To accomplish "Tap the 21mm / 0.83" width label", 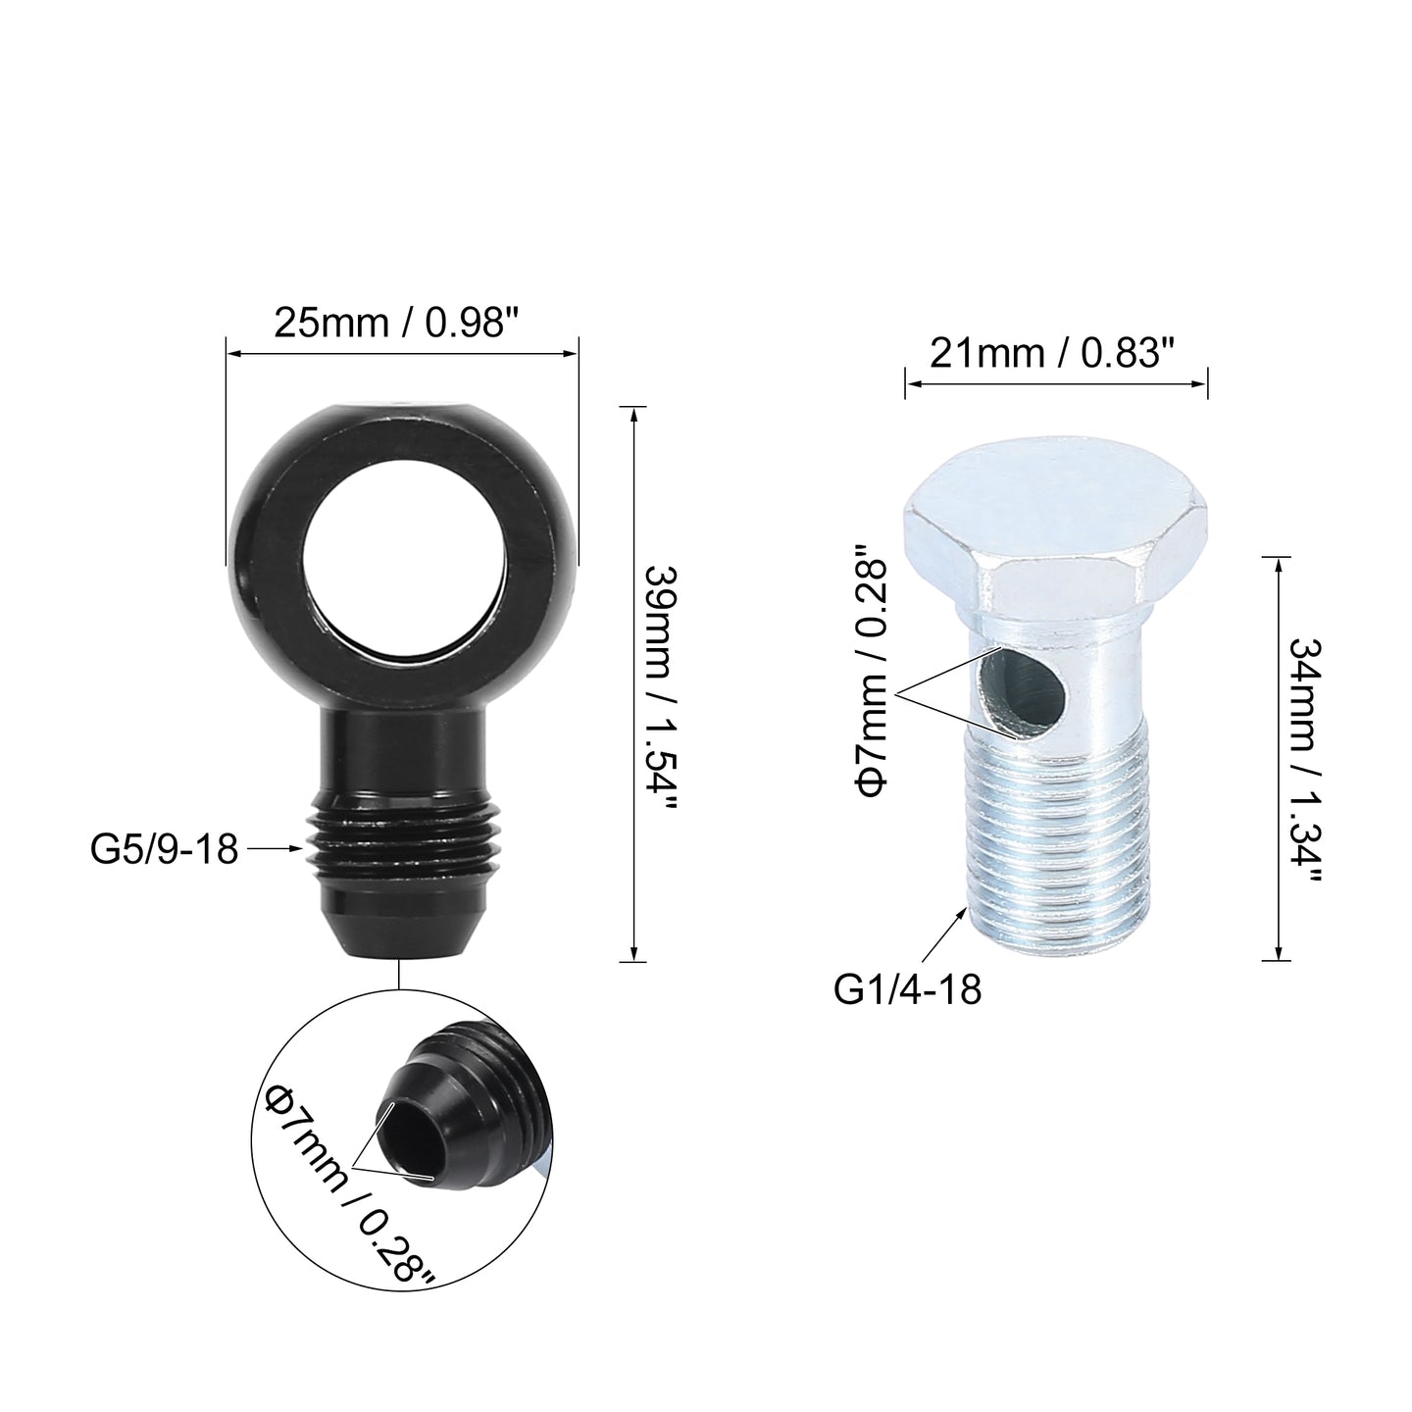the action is coord(1053,354).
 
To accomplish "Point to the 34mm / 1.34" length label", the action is coord(1305,762).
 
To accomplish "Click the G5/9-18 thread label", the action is coord(164,850).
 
